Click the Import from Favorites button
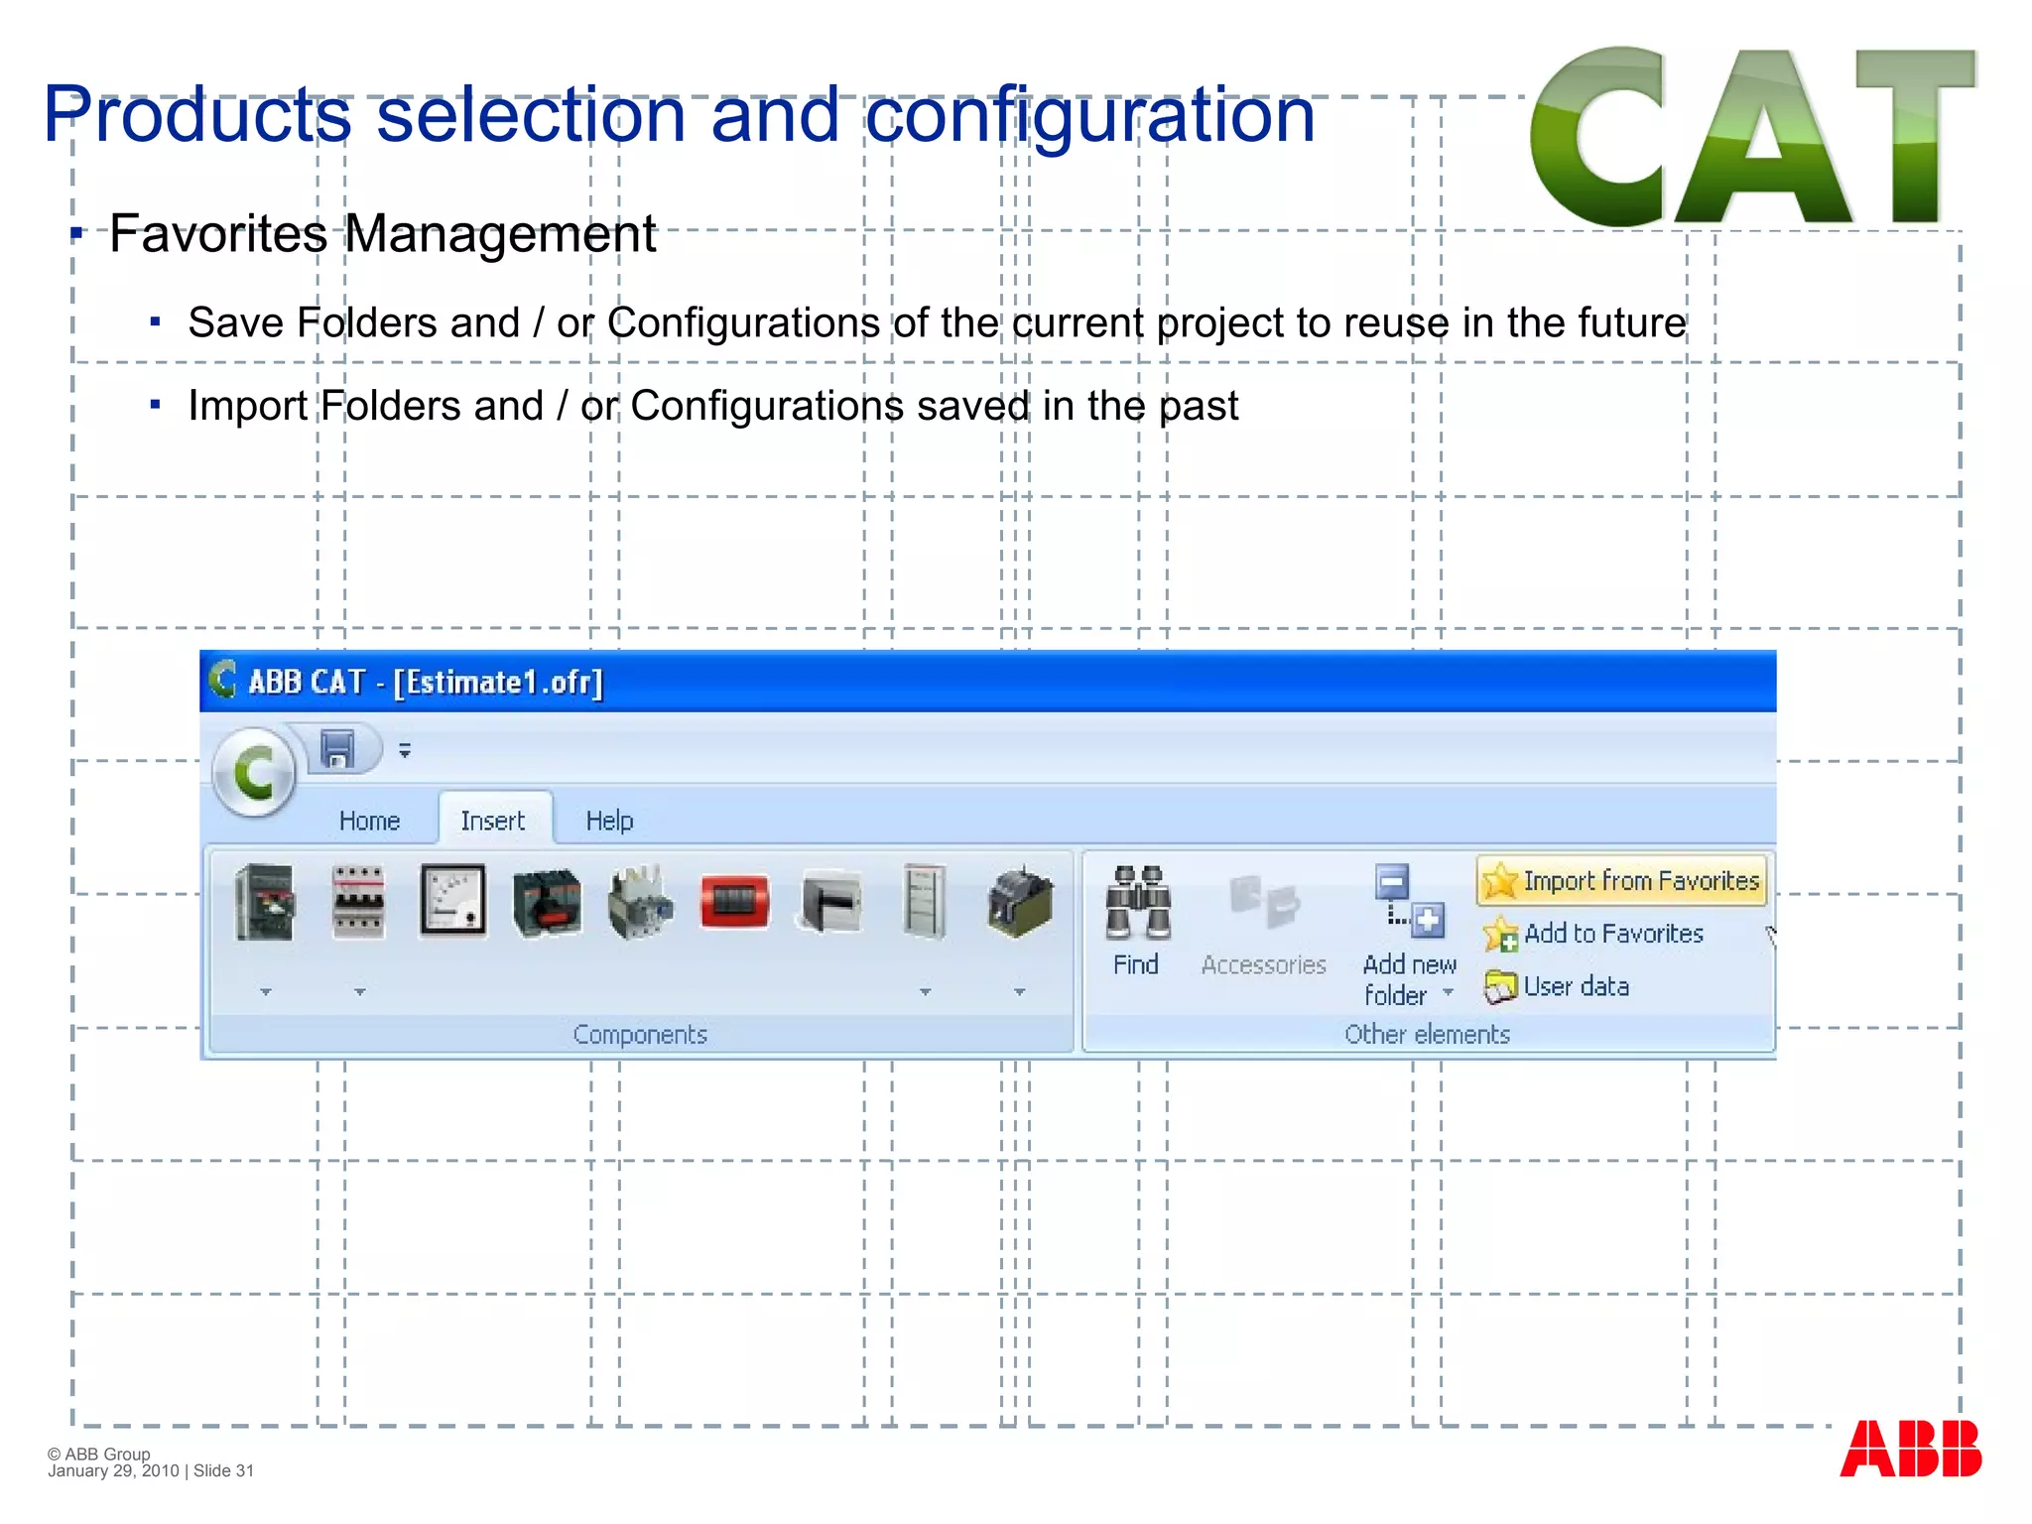(1622, 881)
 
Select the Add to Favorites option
(1595, 934)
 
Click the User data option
(1559, 986)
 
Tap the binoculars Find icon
(1137, 903)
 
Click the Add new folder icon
(1409, 901)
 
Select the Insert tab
(492, 821)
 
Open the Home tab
(369, 821)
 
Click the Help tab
(609, 821)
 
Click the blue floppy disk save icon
(338, 749)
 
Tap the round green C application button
(254, 772)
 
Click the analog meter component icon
(453, 900)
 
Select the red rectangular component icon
(734, 901)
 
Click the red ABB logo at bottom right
(1910, 1449)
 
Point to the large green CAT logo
(1752, 136)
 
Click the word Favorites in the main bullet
(218, 235)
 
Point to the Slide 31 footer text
(224, 1470)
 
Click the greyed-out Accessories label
(1263, 964)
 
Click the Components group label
(640, 1034)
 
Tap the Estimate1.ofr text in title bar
(499, 683)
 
